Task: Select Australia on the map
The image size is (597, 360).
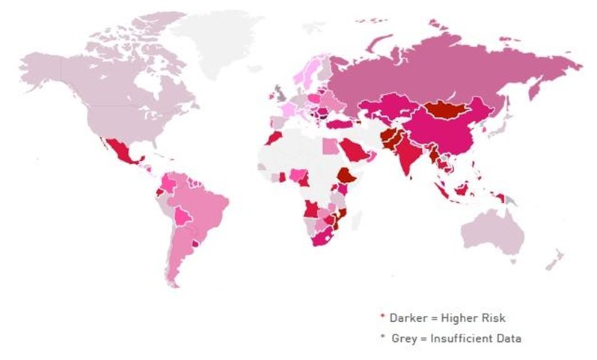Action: point(493,232)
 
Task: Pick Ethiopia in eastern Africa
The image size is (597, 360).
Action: point(346,177)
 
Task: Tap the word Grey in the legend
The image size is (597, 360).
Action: point(405,338)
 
